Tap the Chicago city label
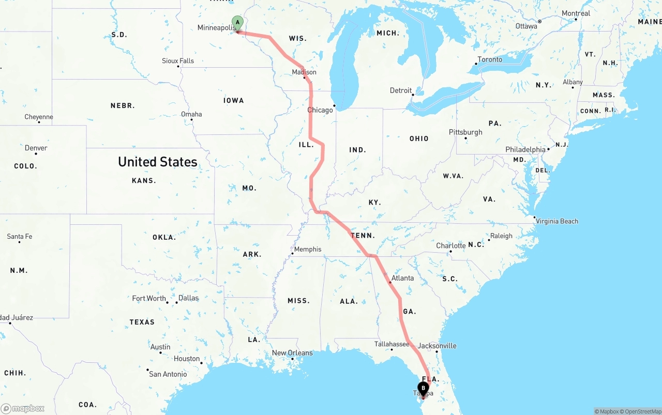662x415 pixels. point(320,110)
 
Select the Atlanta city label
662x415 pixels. point(402,278)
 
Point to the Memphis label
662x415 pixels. point(308,249)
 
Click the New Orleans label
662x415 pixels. point(292,353)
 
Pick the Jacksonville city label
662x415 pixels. point(438,346)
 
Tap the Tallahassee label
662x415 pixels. point(392,344)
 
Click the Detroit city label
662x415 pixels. point(401,90)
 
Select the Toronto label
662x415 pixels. point(490,59)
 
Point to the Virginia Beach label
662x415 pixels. point(557,221)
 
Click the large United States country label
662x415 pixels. point(158,162)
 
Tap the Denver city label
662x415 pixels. point(36,148)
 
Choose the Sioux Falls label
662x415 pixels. point(178,60)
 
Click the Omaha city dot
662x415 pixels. point(192,120)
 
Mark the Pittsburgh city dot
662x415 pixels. point(466,138)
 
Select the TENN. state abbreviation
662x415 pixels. point(362,236)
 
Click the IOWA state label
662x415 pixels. point(234,100)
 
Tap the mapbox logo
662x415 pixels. point(23,408)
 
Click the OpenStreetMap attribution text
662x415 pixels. point(642,411)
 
